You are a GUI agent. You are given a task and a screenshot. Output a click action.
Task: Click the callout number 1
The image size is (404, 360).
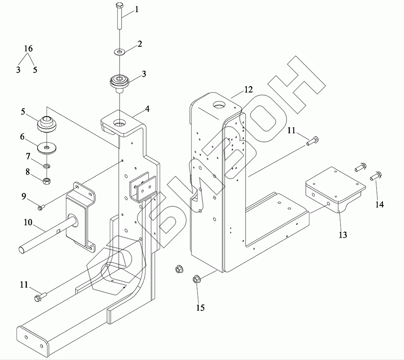(137, 10)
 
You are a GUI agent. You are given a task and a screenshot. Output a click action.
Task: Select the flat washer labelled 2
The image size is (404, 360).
(119, 52)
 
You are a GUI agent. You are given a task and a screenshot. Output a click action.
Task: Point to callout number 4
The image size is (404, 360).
(147, 109)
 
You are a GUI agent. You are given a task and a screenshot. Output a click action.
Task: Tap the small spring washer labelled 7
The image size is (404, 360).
(47, 166)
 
